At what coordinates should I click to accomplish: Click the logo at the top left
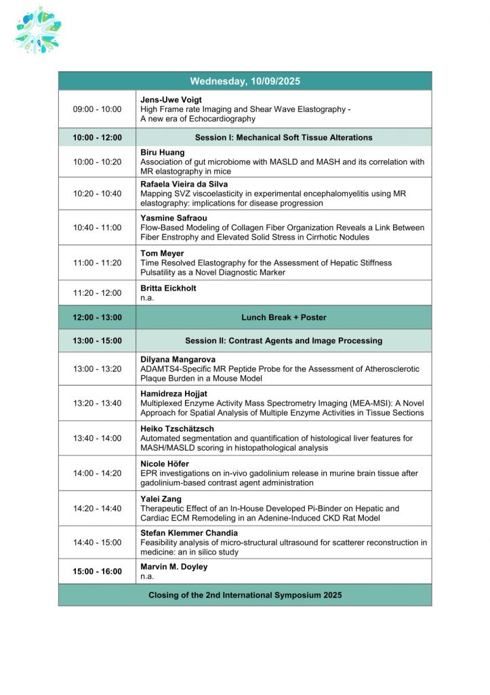38,30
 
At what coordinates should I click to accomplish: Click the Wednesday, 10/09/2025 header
245,81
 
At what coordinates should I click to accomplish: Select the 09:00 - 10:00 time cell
97,109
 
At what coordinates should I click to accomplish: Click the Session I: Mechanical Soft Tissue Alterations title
283,137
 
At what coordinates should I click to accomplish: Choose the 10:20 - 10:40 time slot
97,193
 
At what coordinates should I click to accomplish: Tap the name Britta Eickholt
169,288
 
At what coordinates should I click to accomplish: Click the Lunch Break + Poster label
283,317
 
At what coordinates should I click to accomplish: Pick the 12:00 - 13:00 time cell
97,317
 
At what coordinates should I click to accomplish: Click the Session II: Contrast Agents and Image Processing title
283,341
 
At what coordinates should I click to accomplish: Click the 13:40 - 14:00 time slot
97,438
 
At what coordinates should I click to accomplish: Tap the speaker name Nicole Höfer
165,464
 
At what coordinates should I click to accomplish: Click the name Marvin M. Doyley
174,567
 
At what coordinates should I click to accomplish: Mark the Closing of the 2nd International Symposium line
245,595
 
